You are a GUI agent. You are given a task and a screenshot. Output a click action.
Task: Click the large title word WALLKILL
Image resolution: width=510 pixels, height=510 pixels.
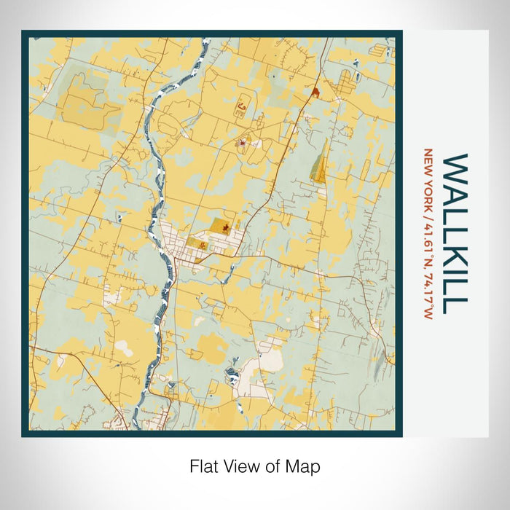click(x=456, y=232)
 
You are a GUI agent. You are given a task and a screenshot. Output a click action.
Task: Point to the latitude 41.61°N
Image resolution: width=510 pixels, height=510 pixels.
click(x=428, y=240)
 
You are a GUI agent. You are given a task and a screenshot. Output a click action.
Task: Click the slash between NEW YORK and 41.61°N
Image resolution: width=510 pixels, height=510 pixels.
click(x=428, y=211)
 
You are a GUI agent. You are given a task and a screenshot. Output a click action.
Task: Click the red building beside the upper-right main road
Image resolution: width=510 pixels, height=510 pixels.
click(x=315, y=93)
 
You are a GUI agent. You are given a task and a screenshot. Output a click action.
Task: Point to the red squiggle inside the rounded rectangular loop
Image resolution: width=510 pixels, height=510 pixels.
click(x=240, y=109)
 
